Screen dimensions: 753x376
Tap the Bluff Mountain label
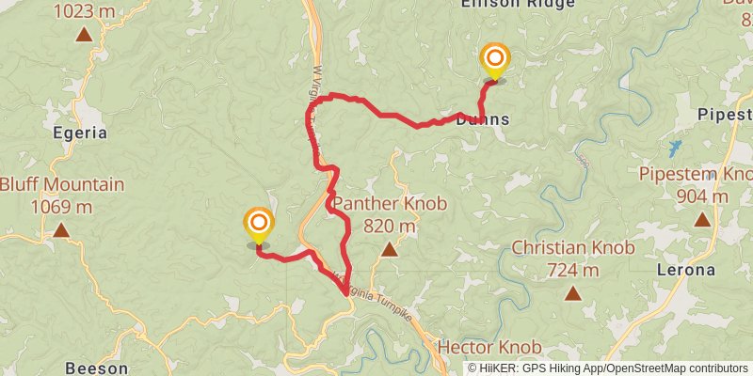click(62, 184)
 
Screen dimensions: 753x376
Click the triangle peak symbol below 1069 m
click(61, 230)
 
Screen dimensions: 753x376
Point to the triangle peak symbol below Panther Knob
click(389, 249)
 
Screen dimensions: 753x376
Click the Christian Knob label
click(572, 248)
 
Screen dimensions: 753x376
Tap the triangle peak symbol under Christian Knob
click(572, 293)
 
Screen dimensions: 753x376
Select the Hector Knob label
click(489, 347)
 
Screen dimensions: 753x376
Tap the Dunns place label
click(483, 119)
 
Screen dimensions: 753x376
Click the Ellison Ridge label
click(505, 5)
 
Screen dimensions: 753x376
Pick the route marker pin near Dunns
click(495, 62)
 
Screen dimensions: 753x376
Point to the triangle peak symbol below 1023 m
click(84, 35)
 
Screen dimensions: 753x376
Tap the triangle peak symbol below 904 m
click(701, 219)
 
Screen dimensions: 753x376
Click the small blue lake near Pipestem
click(674, 148)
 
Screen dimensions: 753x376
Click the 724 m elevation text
click(572, 271)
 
